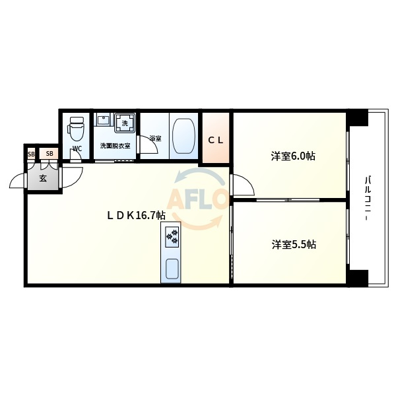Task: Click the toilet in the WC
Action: (76, 129)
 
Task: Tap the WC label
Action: (77, 148)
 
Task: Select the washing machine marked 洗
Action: (125, 123)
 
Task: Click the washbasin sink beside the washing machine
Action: (104, 119)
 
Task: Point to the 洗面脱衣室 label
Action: (115, 146)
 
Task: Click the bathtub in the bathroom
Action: (183, 135)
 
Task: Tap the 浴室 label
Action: (155, 139)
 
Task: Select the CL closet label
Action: (216, 141)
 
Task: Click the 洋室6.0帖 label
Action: (293, 156)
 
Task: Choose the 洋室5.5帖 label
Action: (294, 244)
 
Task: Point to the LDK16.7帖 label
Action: (137, 215)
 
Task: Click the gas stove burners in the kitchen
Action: (172, 237)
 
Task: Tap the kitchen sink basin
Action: (172, 269)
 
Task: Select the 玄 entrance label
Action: (43, 179)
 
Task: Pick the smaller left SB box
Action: (31, 154)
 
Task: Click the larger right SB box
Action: (49, 154)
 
